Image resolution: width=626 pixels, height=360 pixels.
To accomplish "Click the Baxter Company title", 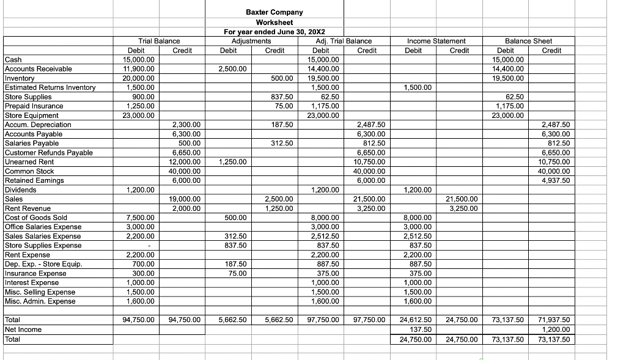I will pyautogui.click(x=274, y=12).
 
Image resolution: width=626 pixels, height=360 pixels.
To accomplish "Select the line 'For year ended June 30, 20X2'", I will pyautogui.click(x=274, y=32).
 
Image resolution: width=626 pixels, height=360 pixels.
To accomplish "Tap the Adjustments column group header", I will pyautogui.click(x=251, y=41).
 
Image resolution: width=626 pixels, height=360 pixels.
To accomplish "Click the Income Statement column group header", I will pyautogui.click(x=436, y=41).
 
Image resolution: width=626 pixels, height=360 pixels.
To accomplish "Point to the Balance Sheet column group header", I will pyautogui.click(x=529, y=41).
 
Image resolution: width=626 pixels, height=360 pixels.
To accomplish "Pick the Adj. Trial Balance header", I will pyautogui.click(x=343, y=41).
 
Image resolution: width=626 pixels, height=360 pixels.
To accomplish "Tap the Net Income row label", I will pyautogui.click(x=23, y=329).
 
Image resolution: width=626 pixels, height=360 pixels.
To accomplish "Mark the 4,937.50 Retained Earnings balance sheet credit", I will pyautogui.click(x=556, y=180).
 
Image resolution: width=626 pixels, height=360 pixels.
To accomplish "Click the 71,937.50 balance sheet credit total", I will pyautogui.click(x=554, y=320).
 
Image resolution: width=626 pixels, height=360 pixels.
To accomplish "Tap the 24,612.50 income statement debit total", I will pyautogui.click(x=416, y=320).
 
